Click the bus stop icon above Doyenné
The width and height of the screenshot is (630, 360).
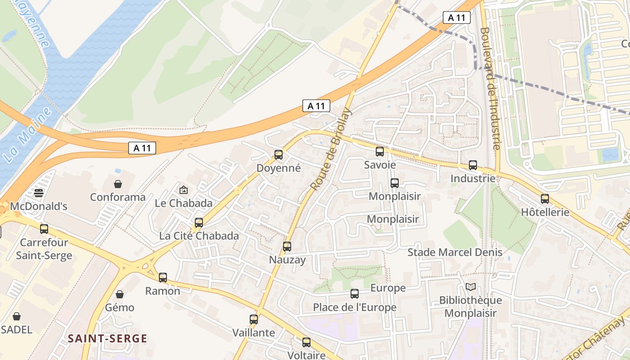pos(279,155)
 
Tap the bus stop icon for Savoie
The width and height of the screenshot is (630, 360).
pos(380,152)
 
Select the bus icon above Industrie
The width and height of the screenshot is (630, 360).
pos(473,165)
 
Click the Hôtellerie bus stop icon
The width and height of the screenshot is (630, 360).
pos(545,199)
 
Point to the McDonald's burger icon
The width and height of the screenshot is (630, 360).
pos(39,193)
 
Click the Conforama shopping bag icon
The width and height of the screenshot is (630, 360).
pos(118,184)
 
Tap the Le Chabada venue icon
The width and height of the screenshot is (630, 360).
pos(183,190)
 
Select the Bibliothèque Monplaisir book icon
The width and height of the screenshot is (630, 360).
pos(471,287)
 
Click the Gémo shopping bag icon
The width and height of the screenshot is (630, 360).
pos(120,294)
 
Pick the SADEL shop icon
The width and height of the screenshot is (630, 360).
pos(17,316)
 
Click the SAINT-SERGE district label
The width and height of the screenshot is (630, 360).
pos(108,339)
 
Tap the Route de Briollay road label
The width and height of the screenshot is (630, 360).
pos(331,148)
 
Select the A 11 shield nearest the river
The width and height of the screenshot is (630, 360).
pos(142,148)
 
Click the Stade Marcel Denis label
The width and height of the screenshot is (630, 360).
pos(454,252)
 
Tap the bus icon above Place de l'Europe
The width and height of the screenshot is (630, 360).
pos(355,294)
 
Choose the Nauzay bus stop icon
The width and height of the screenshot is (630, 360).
pos(287,247)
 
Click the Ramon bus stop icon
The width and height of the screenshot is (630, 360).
pos(163,278)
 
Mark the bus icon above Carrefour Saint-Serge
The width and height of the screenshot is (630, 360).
pos(44,229)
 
